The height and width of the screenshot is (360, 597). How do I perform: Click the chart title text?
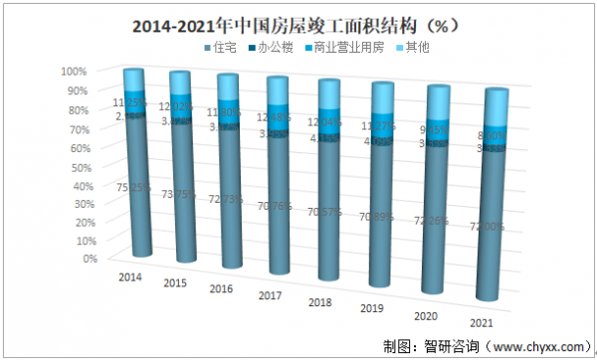[298, 22]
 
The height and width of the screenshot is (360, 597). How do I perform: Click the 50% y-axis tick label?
[76, 165]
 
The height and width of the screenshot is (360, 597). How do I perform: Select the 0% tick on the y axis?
[79, 259]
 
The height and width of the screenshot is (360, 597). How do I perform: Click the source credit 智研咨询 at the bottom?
[453, 347]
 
